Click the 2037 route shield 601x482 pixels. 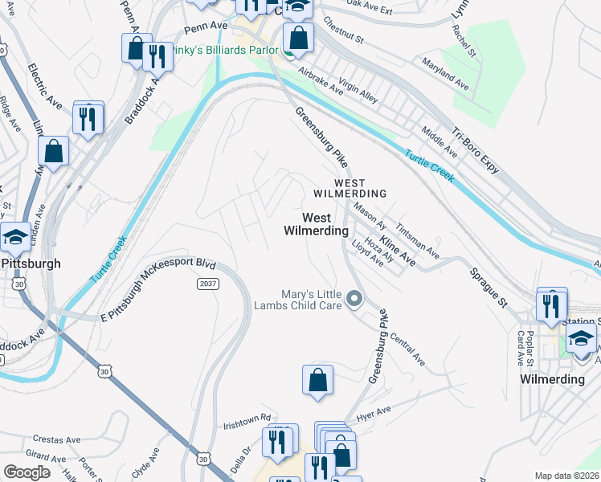[x=208, y=283]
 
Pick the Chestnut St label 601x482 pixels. [x=343, y=28]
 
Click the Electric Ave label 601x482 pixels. [x=44, y=86]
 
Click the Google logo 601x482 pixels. [x=27, y=472]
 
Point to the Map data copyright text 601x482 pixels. [x=566, y=476]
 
